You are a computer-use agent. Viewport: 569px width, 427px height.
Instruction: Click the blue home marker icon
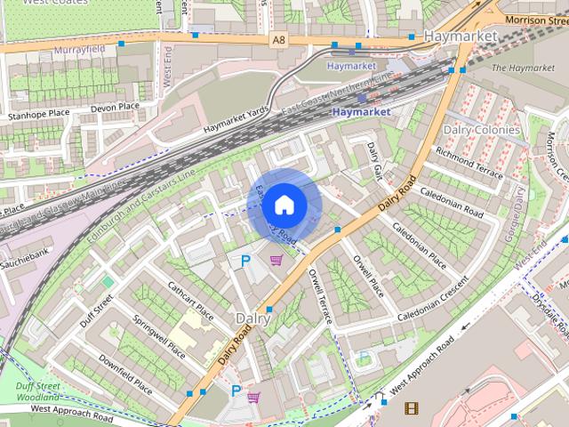283,205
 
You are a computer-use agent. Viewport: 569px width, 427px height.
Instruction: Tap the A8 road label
280,40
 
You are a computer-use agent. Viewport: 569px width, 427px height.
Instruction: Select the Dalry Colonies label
481,130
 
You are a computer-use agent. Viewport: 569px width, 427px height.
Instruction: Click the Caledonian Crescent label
433,302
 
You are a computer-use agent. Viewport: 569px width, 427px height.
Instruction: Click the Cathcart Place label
191,300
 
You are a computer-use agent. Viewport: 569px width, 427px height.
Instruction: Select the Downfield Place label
125,374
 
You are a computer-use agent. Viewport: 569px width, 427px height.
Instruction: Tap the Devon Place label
116,107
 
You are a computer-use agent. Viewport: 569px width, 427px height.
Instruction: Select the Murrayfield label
79,50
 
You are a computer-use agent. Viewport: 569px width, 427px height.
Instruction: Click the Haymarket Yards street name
235,117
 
